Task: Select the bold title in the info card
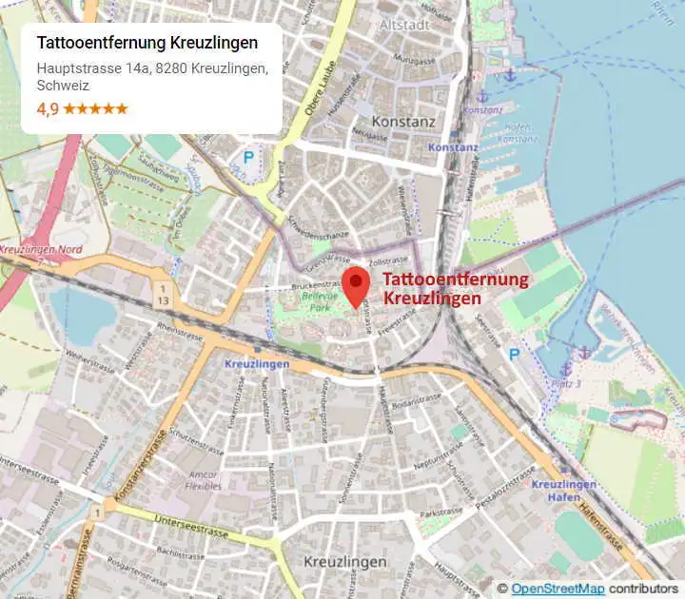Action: (147, 44)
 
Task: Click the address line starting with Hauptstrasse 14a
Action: (152, 68)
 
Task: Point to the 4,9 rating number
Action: (48, 108)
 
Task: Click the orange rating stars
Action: (95, 108)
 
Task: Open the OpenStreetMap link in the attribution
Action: (550, 589)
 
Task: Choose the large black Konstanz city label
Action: (403, 123)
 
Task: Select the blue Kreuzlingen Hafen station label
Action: (564, 491)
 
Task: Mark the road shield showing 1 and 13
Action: (164, 294)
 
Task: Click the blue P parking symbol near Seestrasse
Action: (515, 354)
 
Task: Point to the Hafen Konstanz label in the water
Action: (518, 133)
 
